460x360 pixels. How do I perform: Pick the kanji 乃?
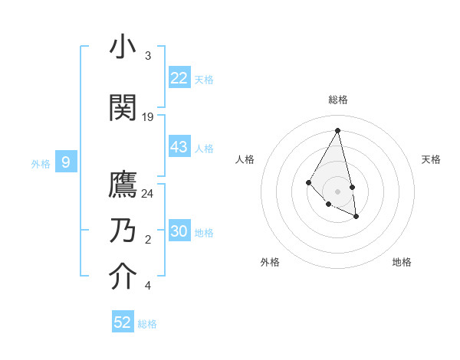(123, 231)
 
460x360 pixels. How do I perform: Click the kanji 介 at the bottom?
(123, 277)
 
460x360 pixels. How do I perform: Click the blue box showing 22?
(179, 78)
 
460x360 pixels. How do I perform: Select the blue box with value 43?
(179, 147)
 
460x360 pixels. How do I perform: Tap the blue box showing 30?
(179, 231)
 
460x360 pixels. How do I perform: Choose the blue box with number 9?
(66, 162)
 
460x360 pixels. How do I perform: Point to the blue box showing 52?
(123, 322)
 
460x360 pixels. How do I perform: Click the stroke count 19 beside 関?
(148, 117)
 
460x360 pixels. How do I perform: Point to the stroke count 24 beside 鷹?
(148, 194)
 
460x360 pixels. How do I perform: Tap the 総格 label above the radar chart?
(338, 100)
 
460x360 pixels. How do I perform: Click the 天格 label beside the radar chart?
(431, 159)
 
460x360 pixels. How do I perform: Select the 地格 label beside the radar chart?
(402, 262)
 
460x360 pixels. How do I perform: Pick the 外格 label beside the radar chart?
(270, 262)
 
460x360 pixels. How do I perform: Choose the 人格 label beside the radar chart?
(245, 159)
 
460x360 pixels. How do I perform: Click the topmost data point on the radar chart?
(337, 130)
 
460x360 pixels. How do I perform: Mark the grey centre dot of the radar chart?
(337, 191)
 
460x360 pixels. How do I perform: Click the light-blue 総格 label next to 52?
(147, 324)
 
